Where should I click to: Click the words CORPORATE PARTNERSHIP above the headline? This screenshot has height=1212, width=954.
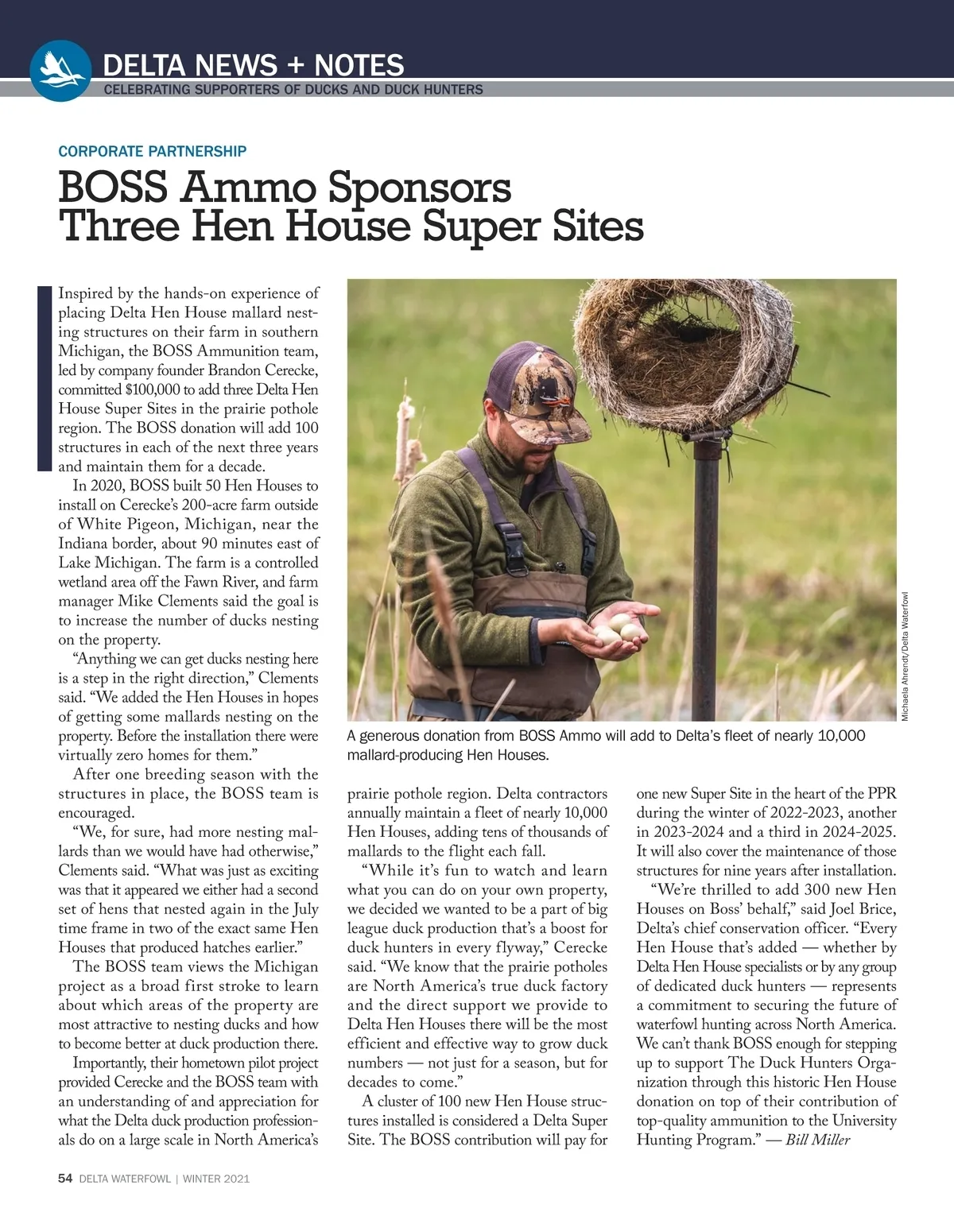(x=152, y=151)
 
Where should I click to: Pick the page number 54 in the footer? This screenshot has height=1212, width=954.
(x=65, y=1179)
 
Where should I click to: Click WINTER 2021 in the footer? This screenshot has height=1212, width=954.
(x=216, y=1179)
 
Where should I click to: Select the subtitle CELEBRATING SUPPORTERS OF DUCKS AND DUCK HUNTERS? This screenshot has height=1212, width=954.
(x=293, y=90)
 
